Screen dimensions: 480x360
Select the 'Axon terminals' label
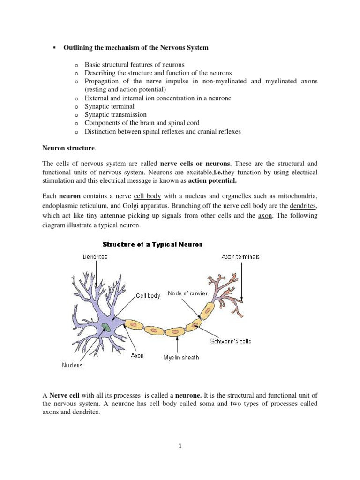click(240, 257)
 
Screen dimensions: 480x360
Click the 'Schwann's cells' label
click(230, 341)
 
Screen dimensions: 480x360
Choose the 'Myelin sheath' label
click(181, 357)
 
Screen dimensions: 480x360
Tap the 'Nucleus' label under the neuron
click(73, 365)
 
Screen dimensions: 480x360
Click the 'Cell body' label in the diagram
click(148, 296)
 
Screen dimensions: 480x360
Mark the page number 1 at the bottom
click(180, 446)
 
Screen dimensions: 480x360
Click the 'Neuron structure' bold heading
click(68, 148)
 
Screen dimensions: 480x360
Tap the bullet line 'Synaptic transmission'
click(115, 115)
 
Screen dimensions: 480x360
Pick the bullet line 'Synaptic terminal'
click(109, 106)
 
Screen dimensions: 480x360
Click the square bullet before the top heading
click(54, 48)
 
